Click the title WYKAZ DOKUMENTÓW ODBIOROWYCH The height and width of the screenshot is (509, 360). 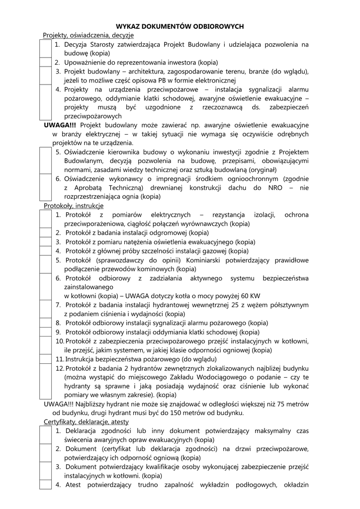pos(180,26)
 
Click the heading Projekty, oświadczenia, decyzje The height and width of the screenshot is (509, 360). pos(88,35)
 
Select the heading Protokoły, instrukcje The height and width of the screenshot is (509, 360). pos(74,205)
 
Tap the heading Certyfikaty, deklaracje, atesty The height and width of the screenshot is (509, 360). pos(86,422)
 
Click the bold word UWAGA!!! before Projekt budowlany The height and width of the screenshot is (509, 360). pos(60,125)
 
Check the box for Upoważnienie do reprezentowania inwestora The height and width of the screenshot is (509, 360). pos(46,63)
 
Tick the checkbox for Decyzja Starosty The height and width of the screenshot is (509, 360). pos(46,49)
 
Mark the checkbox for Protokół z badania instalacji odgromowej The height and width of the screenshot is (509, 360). pos(46,233)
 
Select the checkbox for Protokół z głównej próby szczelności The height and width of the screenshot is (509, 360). pos(46,251)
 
